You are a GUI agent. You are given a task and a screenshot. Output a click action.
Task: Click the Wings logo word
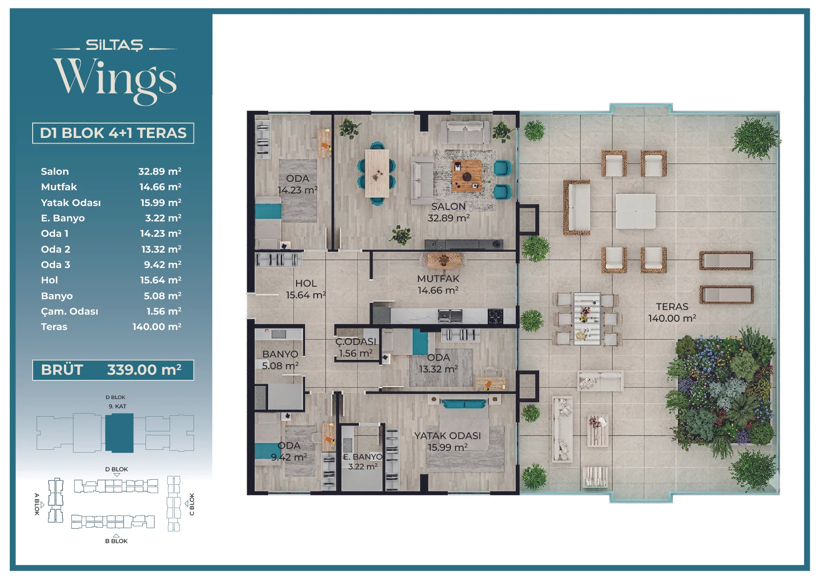click(115, 79)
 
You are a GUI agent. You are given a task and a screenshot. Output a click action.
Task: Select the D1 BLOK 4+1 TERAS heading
click(113, 133)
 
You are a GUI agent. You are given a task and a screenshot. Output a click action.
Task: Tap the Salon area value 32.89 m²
click(159, 171)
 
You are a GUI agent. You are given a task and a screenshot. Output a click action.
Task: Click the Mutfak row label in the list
click(59, 187)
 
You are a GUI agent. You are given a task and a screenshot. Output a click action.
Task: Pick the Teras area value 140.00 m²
click(157, 327)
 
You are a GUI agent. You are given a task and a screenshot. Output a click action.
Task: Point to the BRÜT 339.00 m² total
click(111, 370)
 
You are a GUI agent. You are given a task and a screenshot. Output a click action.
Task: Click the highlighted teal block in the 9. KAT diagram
click(119, 433)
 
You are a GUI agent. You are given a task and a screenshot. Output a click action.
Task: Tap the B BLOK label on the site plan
click(116, 541)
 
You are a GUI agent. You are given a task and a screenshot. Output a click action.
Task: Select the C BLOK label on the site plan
click(192, 504)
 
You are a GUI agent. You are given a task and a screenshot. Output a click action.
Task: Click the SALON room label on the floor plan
click(448, 206)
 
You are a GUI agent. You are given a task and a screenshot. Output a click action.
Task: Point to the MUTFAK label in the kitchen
click(438, 279)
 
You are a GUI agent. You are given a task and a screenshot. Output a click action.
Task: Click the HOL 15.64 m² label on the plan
click(306, 289)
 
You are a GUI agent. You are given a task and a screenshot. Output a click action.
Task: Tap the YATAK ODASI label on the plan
click(447, 435)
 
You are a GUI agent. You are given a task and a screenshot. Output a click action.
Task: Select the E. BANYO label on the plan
click(363, 457)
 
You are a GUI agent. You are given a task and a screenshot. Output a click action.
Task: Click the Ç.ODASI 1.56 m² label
click(356, 348)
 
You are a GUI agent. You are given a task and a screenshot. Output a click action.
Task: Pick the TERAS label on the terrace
click(672, 307)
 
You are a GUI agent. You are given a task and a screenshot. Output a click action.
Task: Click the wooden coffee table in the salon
click(467, 175)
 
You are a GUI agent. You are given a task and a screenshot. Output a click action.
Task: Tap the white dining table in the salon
click(377, 173)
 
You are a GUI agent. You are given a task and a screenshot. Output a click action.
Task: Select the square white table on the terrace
click(635, 211)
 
